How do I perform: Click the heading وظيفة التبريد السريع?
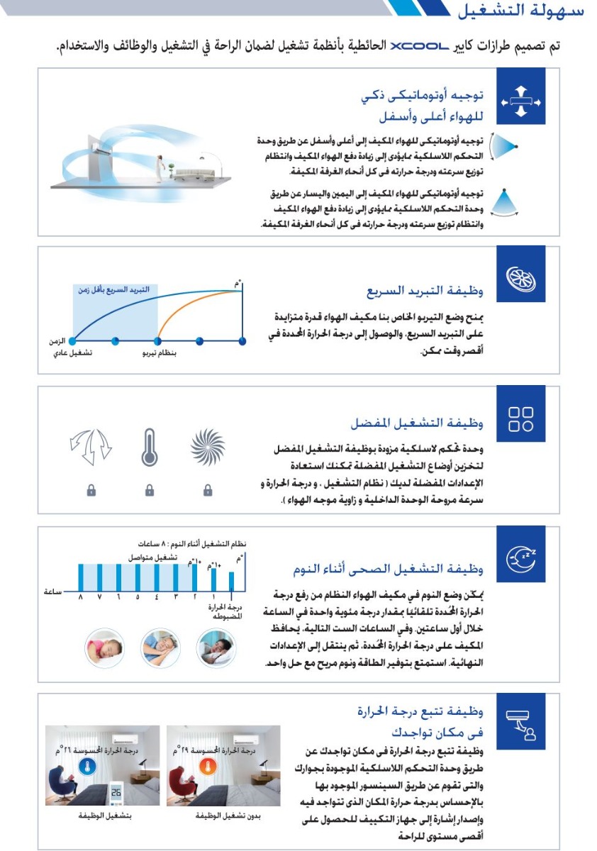(x=425, y=291)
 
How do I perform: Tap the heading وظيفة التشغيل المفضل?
(x=417, y=424)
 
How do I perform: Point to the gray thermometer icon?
(x=149, y=447)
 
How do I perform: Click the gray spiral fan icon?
(x=208, y=447)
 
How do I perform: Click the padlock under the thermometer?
(x=149, y=489)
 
